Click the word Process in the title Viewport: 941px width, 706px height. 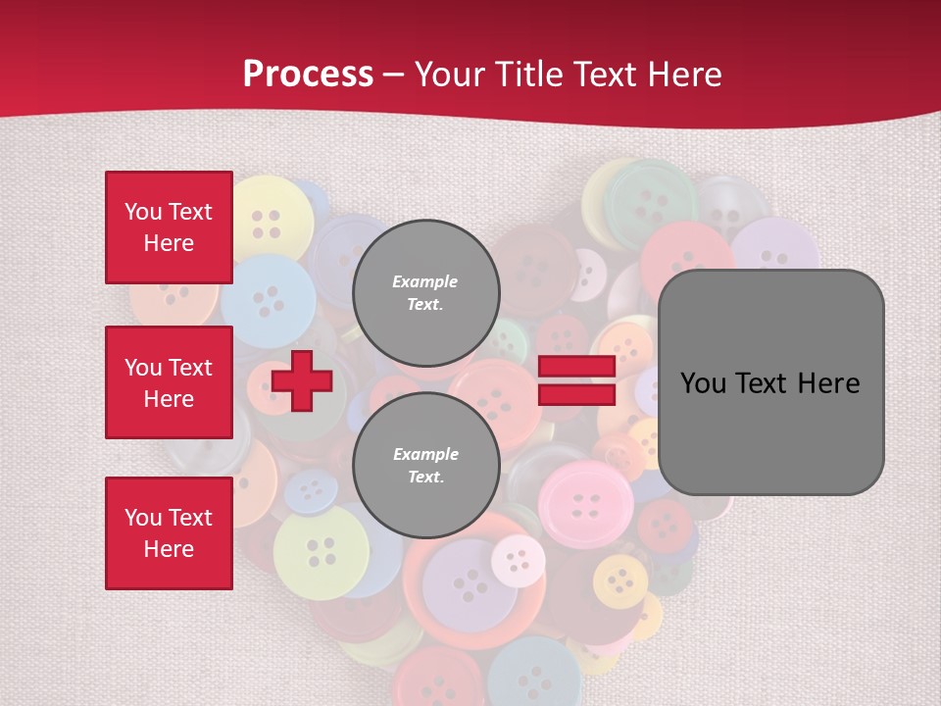click(308, 74)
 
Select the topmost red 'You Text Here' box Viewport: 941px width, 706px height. click(169, 227)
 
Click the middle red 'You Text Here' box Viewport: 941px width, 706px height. click(169, 382)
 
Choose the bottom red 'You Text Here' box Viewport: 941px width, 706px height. click(169, 532)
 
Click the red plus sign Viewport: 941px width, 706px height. click(302, 381)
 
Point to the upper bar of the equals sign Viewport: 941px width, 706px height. click(576, 367)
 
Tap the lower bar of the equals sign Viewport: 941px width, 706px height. click(576, 394)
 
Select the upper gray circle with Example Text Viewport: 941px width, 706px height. click(426, 292)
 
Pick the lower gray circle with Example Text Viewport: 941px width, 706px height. click(426, 466)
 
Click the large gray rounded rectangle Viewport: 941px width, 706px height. click(770, 382)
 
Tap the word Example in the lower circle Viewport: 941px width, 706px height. click(425, 454)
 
